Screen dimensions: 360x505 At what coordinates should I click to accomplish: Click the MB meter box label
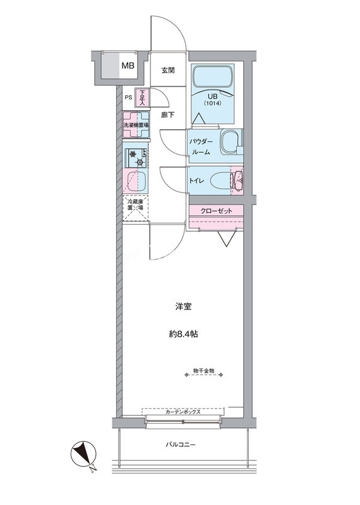(x=128, y=66)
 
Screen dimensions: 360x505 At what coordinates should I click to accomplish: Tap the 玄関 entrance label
(x=168, y=70)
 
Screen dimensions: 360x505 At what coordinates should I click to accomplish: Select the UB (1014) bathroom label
(x=212, y=99)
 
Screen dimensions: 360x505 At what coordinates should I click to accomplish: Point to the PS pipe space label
(x=128, y=98)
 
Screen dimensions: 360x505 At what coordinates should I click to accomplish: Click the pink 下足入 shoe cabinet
(x=143, y=98)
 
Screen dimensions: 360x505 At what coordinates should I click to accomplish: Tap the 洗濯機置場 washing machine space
(x=136, y=124)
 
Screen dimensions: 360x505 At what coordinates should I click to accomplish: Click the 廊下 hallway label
(x=168, y=115)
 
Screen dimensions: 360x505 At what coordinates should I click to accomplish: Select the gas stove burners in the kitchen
(x=136, y=158)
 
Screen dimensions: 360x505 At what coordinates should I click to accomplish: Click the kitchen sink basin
(x=136, y=182)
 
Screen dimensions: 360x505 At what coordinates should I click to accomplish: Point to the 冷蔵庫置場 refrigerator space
(x=135, y=208)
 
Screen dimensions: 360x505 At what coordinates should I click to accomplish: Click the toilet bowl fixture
(x=222, y=181)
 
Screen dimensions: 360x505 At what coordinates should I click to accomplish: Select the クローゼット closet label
(x=216, y=211)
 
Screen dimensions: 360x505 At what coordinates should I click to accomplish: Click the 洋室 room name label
(x=183, y=307)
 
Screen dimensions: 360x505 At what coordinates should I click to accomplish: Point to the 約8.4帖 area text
(x=183, y=335)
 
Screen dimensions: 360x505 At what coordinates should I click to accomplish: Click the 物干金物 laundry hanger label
(x=204, y=371)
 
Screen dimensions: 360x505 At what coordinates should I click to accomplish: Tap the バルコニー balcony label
(x=181, y=445)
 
